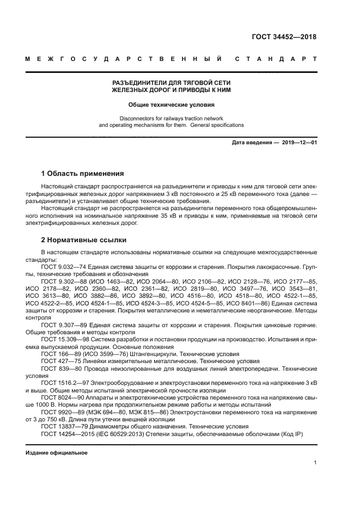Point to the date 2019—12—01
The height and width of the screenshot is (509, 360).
point(299,143)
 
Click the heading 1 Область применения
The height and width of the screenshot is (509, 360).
point(83,174)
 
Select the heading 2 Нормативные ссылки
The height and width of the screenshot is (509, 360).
point(84,240)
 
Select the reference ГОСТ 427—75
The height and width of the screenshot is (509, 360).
point(60,361)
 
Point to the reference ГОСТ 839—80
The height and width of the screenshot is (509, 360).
point(60,368)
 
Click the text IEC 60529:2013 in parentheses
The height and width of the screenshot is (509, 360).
point(121,434)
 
